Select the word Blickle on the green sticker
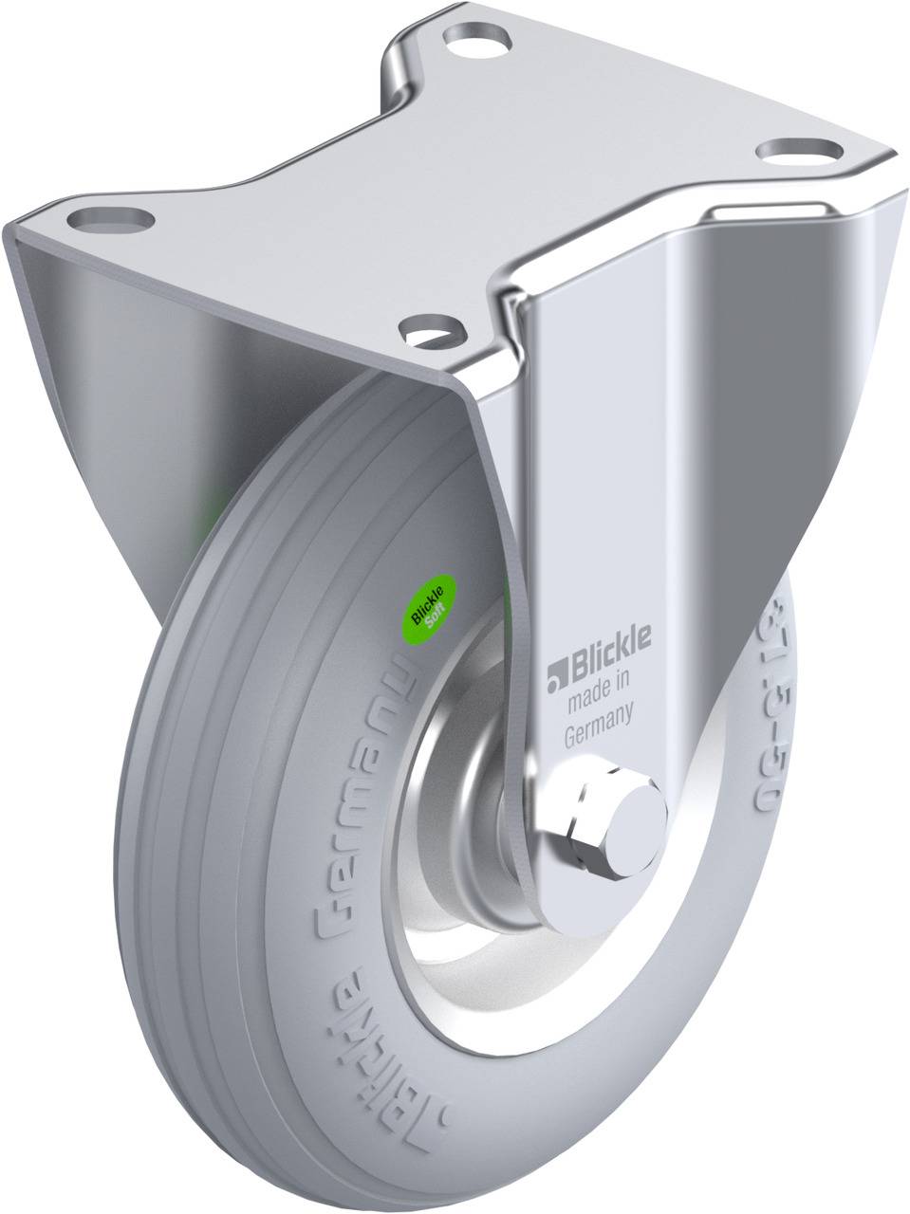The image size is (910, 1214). click(x=426, y=600)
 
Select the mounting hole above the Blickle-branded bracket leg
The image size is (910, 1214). click(x=802, y=151)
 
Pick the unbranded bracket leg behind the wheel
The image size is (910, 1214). click(x=123, y=379)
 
